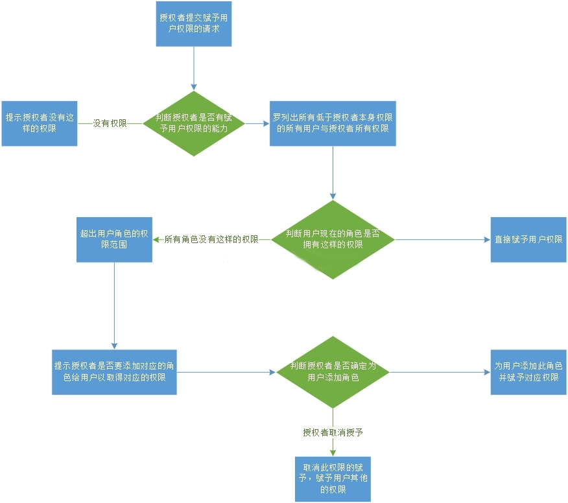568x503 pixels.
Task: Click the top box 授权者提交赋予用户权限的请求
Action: (194, 24)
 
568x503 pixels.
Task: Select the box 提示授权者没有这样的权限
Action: (40, 124)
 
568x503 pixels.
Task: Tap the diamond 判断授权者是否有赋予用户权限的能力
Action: (194, 124)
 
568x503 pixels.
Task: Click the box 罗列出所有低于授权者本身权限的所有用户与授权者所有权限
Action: (333, 124)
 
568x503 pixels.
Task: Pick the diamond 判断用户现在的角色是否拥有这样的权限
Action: (333, 240)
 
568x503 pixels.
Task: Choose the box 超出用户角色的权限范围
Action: (115, 240)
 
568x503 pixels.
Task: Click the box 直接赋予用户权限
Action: (528, 240)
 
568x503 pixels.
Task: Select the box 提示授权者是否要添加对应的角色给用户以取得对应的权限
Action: (115, 372)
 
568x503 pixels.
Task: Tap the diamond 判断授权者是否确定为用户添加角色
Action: (333, 372)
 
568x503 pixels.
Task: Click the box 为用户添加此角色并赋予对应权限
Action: (528, 372)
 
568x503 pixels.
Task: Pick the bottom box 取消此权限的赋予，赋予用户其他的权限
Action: (333, 479)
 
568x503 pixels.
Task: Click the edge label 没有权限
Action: (110, 124)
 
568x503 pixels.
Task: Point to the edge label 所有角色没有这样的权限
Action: (211, 240)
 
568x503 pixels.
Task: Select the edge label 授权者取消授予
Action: (333, 432)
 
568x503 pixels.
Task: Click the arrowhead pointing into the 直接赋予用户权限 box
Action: (488, 240)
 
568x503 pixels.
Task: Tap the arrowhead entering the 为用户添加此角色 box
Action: (488, 372)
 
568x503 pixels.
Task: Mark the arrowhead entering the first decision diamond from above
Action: (194, 88)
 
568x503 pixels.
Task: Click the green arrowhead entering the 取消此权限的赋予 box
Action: (333, 453)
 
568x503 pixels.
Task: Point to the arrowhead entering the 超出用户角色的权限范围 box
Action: (156, 240)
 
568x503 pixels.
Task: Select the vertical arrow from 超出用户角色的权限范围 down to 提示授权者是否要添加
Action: (115, 306)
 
